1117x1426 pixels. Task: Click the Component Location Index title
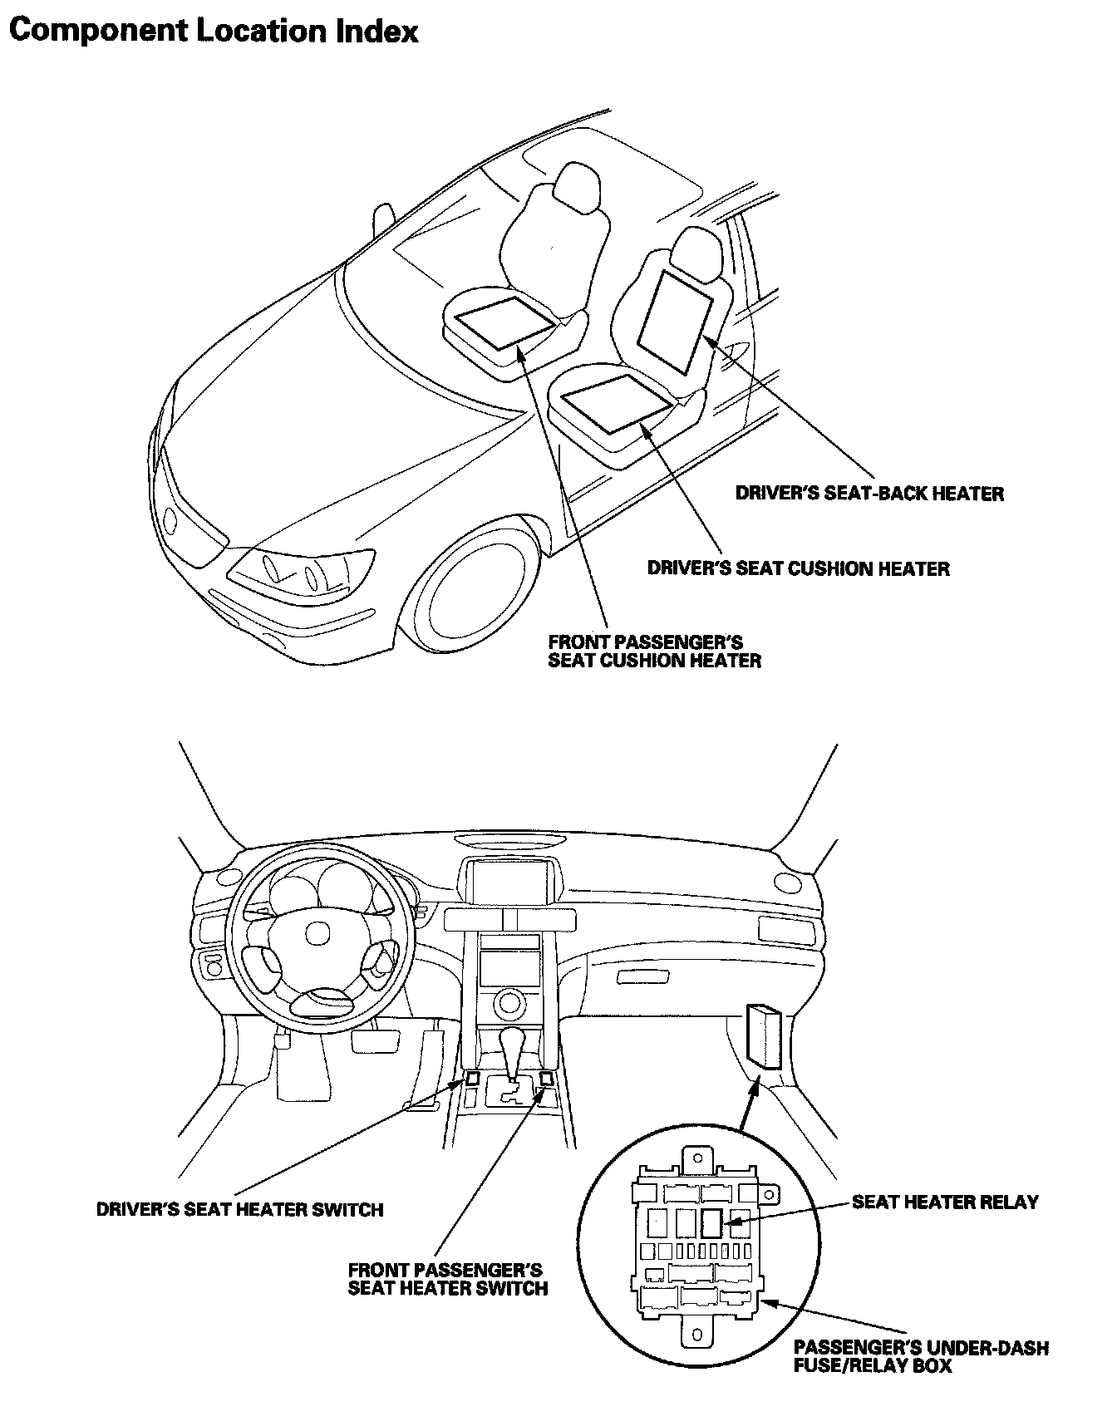tap(214, 31)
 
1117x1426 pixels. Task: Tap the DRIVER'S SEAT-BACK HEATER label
tap(869, 494)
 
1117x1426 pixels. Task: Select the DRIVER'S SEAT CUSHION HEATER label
tap(798, 569)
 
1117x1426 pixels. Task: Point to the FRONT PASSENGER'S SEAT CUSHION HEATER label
tap(654, 652)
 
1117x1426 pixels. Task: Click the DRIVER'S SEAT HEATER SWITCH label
tap(240, 1209)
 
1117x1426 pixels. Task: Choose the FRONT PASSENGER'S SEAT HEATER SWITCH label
tap(448, 1279)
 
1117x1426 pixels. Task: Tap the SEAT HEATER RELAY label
tap(945, 1202)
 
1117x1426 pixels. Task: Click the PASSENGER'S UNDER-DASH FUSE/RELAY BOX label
tap(921, 1356)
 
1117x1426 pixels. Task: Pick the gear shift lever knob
tap(513, 1042)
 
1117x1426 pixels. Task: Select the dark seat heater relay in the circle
tap(711, 1223)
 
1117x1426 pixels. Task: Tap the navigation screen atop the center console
tap(510, 881)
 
